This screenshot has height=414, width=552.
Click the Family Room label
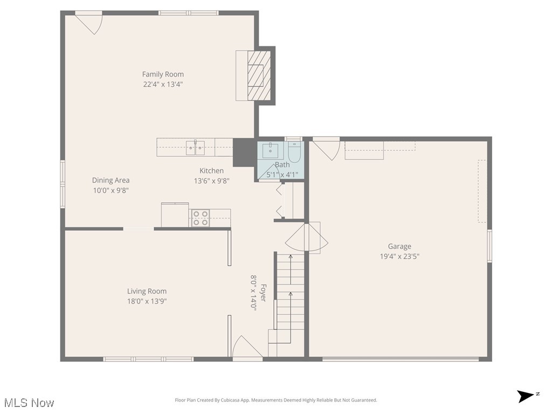click(163, 74)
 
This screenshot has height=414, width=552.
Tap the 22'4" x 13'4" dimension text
click(163, 84)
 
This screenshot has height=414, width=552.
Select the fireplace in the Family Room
click(256, 75)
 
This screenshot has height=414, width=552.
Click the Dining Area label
click(111, 180)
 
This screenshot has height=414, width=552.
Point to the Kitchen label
click(211, 170)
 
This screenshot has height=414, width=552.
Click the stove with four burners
click(201, 218)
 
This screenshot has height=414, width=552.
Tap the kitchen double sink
click(195, 147)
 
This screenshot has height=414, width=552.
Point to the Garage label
click(399, 246)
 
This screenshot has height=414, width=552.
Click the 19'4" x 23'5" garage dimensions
click(399, 257)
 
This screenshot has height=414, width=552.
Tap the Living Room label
click(147, 291)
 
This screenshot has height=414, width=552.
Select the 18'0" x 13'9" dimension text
click(147, 301)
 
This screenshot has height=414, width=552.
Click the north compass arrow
click(526, 396)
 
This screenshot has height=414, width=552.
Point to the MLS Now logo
click(28, 403)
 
